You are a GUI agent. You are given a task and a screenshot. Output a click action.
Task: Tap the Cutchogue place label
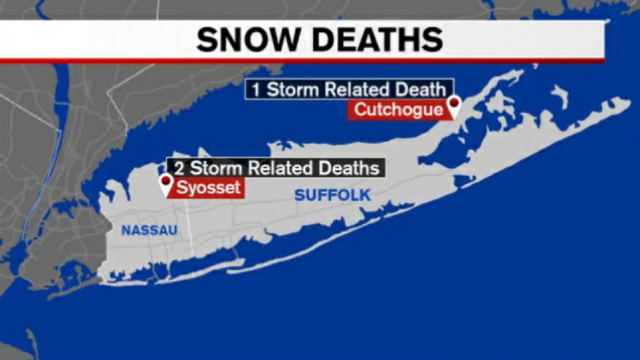tap(398, 110)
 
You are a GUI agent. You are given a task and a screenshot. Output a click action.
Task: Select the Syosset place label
tap(208, 188)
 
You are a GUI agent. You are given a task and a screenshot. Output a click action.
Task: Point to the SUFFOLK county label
tap(332, 195)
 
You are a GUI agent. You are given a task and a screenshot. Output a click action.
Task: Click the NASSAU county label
tap(149, 230)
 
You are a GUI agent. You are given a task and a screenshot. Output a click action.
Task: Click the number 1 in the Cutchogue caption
tap(256, 90)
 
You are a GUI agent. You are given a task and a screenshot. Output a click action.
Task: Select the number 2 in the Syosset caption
tap(179, 168)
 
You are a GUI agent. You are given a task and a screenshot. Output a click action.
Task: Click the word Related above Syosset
tap(280, 168)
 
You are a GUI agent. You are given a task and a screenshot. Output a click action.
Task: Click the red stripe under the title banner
tap(300, 61)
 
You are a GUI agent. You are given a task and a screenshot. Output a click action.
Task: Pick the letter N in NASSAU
tap(126, 230)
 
